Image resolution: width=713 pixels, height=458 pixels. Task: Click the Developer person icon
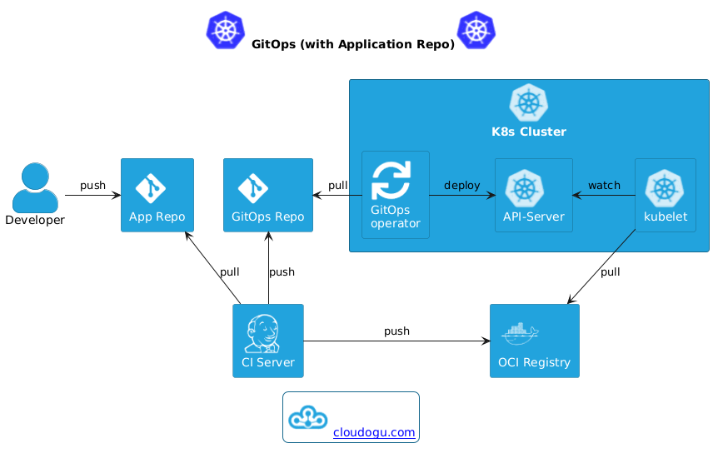coord(35,187)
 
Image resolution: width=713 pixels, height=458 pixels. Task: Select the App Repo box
coord(157,195)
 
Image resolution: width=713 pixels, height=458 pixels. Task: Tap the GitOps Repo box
coord(267,195)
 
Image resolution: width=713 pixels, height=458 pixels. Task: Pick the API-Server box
coord(533,195)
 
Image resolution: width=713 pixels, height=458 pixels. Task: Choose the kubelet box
coord(665,195)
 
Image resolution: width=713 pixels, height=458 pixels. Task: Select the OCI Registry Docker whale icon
coord(521,333)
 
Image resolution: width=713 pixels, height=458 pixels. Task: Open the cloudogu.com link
coord(373,432)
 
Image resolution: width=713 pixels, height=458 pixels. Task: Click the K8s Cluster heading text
coord(529,132)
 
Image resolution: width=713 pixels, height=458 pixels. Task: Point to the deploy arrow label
coord(461,184)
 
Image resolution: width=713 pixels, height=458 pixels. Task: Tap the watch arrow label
coord(604,184)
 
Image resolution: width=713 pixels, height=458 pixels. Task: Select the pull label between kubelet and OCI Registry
coord(610,271)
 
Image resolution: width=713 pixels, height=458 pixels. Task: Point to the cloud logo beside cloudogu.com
coord(308,416)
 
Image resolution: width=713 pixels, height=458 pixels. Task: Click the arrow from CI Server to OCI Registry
coord(396,341)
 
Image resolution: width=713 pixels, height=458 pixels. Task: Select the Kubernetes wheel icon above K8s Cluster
coord(529,104)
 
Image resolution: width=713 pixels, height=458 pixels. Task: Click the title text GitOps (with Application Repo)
coord(352,44)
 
